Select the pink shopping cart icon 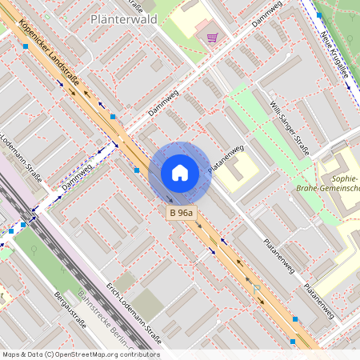(x=212, y=37)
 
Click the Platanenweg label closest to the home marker (x=226, y=158)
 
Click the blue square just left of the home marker (x=137, y=170)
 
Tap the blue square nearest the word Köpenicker (x=26, y=46)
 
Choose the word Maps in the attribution (x=12, y=354)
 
